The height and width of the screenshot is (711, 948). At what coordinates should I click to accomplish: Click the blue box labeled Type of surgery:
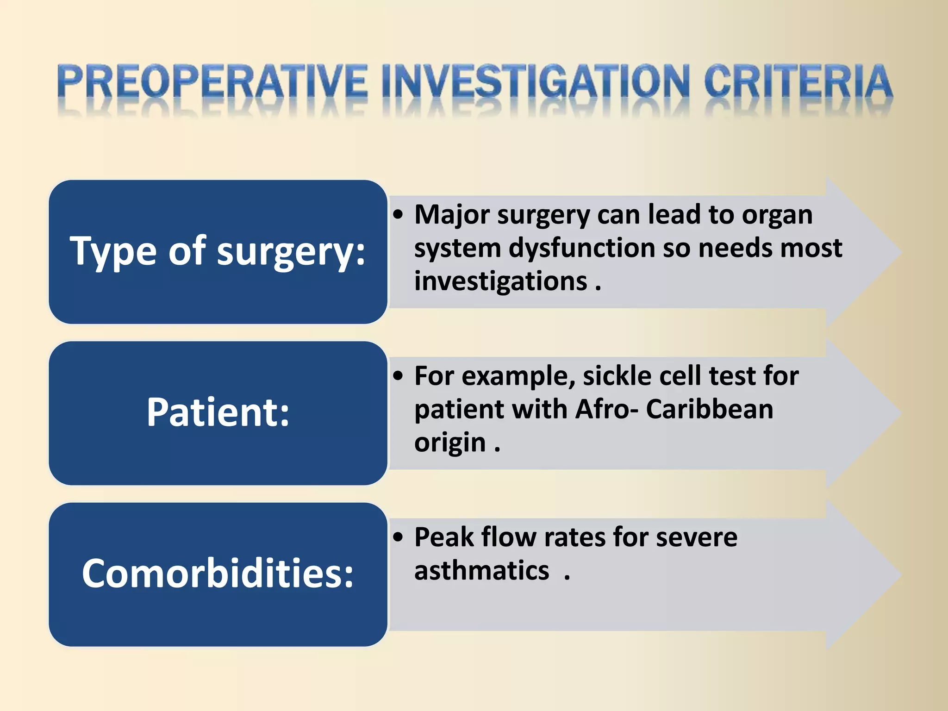click(x=218, y=252)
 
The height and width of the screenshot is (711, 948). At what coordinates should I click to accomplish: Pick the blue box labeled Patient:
click(x=218, y=413)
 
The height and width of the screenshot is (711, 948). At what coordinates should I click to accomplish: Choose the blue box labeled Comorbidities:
click(x=218, y=574)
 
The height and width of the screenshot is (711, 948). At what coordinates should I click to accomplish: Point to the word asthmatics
click(x=481, y=571)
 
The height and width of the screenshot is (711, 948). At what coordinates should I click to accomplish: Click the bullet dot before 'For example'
click(x=398, y=377)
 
